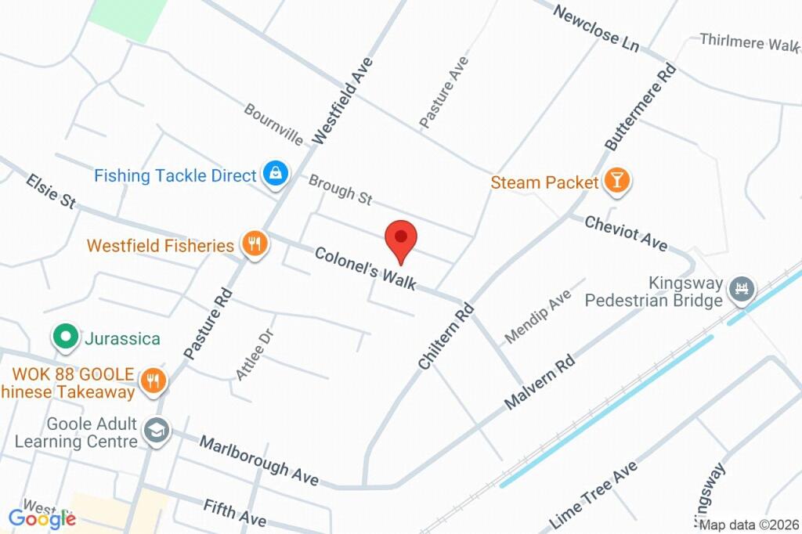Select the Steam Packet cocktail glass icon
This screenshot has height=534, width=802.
pyautogui.click(x=617, y=182)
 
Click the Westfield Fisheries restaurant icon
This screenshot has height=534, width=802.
pyautogui.click(x=254, y=244)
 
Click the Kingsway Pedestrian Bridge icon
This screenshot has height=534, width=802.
pyautogui.click(x=740, y=290)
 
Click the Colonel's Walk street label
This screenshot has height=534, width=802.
pyautogui.click(x=365, y=268)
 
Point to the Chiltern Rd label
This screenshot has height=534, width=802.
pyautogui.click(x=446, y=336)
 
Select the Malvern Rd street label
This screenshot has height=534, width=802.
pyautogui.click(x=540, y=382)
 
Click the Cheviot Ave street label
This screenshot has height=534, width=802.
pyautogui.click(x=627, y=233)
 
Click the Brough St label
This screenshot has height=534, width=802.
pyautogui.click(x=340, y=190)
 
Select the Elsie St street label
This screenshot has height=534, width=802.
pyautogui.click(x=51, y=191)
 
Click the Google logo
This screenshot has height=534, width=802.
pyautogui.click(x=42, y=518)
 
